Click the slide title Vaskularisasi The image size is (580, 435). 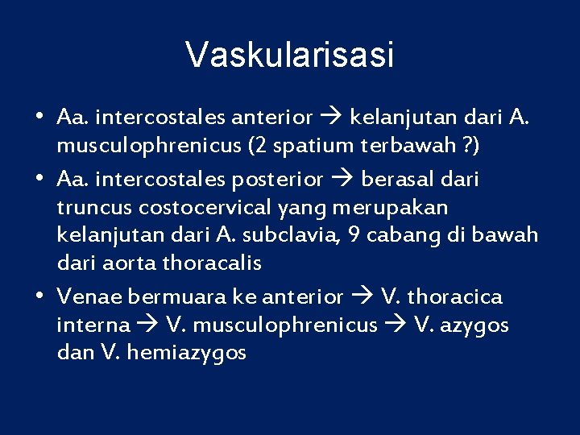click(290, 56)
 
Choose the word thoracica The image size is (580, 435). click(454, 296)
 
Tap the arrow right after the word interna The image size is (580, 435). click(147, 325)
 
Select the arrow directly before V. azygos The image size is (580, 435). click(396, 325)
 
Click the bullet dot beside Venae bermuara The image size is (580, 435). click(40, 296)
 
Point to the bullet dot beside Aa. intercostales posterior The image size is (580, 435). click(40, 179)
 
